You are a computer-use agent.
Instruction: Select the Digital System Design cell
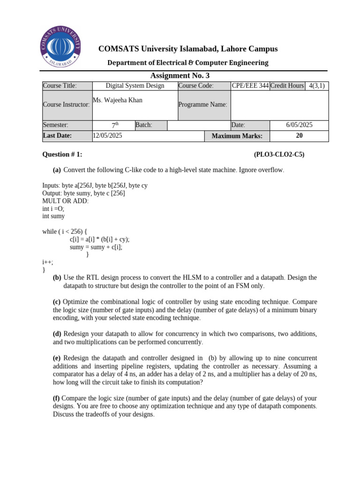point(135,86)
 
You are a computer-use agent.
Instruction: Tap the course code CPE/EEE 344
point(250,86)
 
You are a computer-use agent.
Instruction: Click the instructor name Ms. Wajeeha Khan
point(118,100)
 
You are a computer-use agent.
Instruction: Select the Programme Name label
point(203,105)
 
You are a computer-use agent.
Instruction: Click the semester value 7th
point(115,125)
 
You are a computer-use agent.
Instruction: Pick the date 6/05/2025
point(299,125)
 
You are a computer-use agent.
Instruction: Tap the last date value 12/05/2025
point(107,135)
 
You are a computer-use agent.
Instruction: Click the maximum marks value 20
point(299,135)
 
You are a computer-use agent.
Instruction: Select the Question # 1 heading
point(62,155)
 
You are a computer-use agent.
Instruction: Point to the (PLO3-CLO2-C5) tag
point(279,155)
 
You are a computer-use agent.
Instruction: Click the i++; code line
point(48,262)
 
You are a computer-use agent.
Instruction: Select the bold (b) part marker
point(57,277)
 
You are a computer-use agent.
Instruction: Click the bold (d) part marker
point(57,334)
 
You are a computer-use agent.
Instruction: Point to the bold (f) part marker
point(57,398)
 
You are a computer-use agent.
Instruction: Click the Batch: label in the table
point(144,125)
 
